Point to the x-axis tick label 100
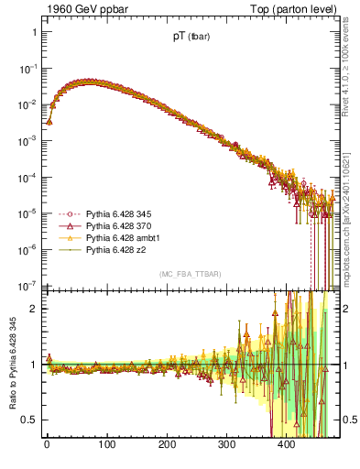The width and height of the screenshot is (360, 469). coord(106,444)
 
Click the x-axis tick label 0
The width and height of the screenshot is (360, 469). coord(47,444)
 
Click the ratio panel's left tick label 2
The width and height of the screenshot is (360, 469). coord(33,309)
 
